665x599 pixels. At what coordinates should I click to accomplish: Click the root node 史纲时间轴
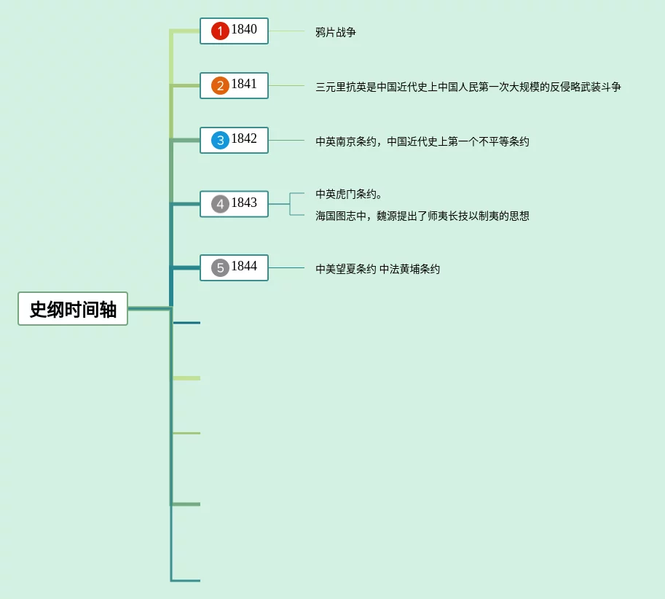[73, 308]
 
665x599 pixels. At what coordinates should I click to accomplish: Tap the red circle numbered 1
[220, 31]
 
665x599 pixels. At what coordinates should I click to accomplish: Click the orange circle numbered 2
[220, 86]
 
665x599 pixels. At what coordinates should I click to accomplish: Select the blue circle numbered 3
[220, 140]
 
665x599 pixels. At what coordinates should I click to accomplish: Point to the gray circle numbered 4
[220, 204]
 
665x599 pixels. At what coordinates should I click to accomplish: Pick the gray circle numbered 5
[220, 267]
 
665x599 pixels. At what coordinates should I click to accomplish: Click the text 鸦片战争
[335, 32]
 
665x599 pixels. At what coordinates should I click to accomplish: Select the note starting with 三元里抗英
[468, 87]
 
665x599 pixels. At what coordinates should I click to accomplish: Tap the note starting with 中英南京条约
[422, 141]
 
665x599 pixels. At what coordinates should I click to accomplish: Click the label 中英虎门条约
[348, 194]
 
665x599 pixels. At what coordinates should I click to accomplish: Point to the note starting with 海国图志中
[422, 216]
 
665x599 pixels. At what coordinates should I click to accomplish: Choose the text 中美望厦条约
[345, 269]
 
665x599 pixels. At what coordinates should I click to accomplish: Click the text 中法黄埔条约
[409, 269]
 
